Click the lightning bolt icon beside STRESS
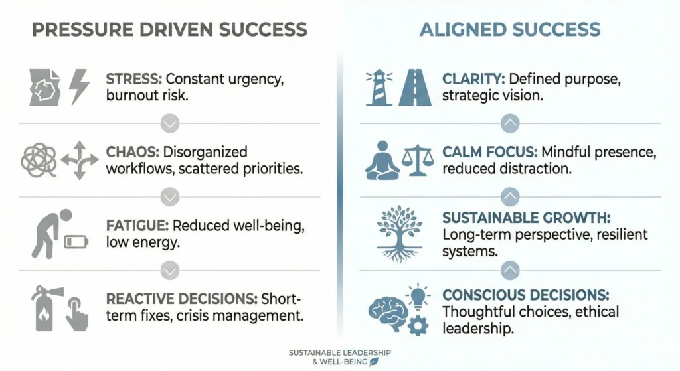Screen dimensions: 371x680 [80, 86]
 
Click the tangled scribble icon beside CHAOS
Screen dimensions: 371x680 [38, 160]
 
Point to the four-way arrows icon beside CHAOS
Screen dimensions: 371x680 [79, 160]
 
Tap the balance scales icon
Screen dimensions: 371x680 [417, 160]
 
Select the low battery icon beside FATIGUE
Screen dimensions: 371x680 [76, 242]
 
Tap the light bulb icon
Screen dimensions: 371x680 [418, 296]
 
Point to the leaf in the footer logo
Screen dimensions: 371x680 [374, 361]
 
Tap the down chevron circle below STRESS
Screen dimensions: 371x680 [170, 123]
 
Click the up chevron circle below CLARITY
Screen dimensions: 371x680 [509, 123]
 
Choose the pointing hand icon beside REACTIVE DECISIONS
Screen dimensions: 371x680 [77, 316]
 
